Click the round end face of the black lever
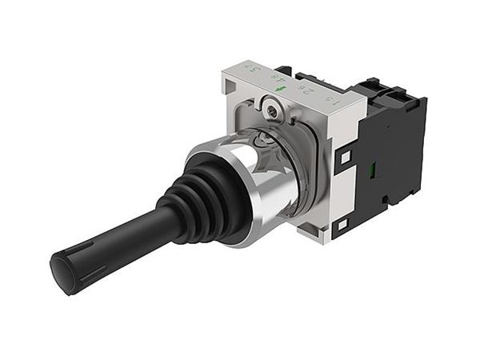62,272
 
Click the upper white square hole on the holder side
345,158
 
